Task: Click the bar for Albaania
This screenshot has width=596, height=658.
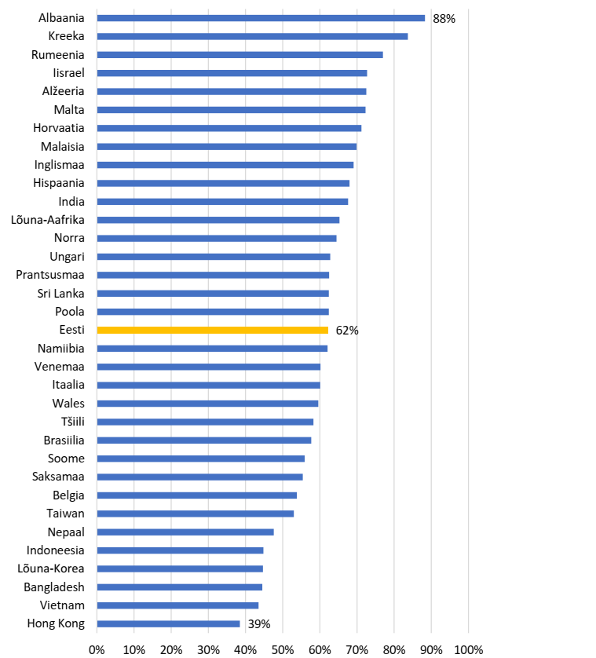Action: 260,18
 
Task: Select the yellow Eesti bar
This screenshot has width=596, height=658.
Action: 212,331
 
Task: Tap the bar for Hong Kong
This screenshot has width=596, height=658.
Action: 168,624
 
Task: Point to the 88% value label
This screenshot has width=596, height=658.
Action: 444,18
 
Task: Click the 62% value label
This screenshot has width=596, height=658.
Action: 347,331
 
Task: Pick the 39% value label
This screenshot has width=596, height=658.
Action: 259,624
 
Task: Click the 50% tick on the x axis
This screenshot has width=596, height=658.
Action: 283,649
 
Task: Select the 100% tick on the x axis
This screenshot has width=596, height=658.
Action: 469,649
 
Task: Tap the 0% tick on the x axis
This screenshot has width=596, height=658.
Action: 97,649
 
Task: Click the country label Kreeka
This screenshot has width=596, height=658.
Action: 66,36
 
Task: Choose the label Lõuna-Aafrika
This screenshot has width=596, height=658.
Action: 49,220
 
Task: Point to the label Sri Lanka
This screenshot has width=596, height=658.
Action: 60,294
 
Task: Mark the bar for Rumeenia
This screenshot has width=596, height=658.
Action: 239,55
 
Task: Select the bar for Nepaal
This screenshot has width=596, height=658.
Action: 185,532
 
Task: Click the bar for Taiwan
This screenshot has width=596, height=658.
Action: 195,514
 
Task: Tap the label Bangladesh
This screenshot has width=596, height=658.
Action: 54,587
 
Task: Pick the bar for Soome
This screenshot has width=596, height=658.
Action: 200,459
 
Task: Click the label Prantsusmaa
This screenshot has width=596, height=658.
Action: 50,275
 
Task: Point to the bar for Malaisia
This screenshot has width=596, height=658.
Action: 226,147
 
